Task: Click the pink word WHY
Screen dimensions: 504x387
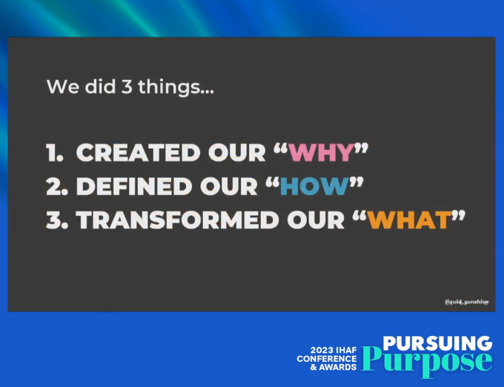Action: click(322, 152)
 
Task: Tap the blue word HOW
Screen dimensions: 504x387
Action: click(315, 186)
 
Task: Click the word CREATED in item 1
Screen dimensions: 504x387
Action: click(138, 153)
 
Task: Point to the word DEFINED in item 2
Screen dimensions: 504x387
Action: click(134, 186)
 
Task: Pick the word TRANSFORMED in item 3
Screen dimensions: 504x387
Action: click(177, 220)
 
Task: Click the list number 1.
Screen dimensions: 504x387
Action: click(55, 153)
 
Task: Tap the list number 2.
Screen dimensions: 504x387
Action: click(57, 186)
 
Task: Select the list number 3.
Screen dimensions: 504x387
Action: click(57, 220)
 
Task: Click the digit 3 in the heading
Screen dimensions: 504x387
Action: click(127, 87)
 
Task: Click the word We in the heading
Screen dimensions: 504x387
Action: click(63, 87)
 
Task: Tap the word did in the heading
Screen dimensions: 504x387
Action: click(100, 86)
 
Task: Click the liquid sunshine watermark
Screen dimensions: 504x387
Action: click(467, 302)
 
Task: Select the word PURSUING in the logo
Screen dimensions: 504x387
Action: click(437, 343)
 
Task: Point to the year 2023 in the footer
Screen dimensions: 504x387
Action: click(322, 351)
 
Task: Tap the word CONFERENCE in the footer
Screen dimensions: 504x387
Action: click(327, 359)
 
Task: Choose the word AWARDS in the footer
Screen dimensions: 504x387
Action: click(338, 367)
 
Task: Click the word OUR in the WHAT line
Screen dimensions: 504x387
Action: click(315, 220)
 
